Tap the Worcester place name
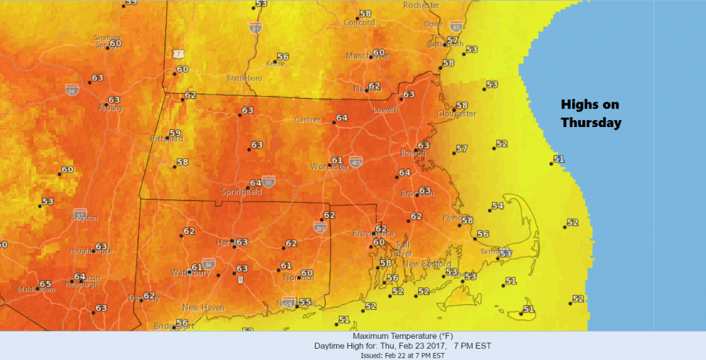(330, 167)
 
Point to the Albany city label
(111, 108)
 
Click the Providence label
(371, 233)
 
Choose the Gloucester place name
(456, 114)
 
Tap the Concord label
(359, 23)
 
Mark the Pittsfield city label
(167, 140)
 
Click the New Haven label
(203, 308)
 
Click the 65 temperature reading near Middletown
(46, 284)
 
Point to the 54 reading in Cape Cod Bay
(498, 206)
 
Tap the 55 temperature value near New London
(305, 301)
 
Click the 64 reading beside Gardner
(342, 118)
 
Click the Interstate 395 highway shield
(320, 226)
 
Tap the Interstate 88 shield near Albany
(71, 90)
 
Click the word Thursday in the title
(591, 123)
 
